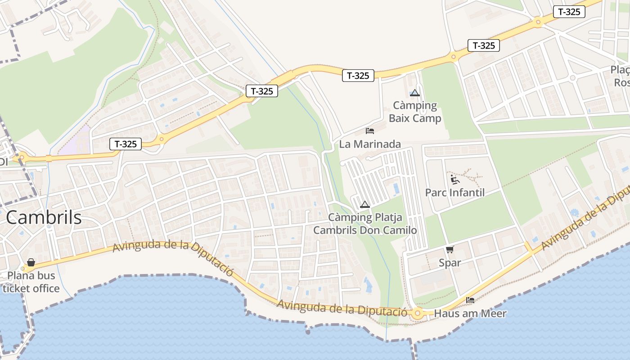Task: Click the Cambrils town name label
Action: click(44, 218)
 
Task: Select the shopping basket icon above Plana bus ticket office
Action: click(31, 262)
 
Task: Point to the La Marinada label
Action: click(370, 144)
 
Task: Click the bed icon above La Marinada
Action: click(370, 131)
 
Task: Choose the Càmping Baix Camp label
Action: click(415, 112)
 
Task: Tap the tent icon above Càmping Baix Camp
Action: click(415, 93)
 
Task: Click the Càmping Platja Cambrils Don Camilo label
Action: click(365, 224)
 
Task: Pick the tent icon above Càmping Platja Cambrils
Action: click(365, 204)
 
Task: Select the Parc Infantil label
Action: click(455, 193)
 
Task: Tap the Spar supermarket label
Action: click(450, 262)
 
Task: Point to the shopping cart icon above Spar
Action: click(450, 249)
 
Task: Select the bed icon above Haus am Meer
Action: click(470, 300)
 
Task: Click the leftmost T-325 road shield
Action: click(126, 144)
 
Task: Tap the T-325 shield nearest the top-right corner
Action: click(569, 12)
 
